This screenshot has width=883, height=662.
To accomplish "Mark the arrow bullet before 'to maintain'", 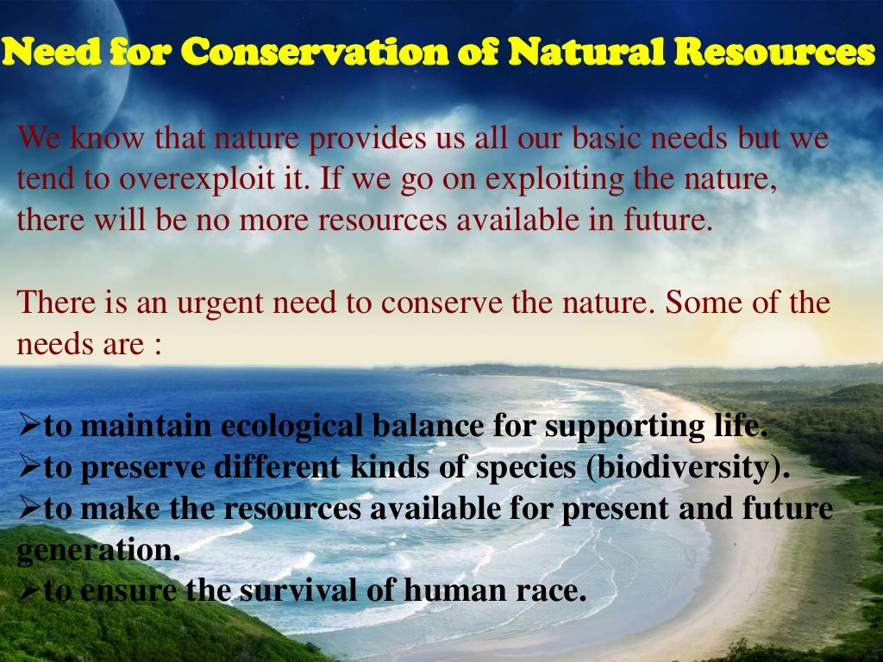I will (x=29, y=427).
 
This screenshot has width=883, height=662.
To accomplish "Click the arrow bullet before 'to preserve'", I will (x=29, y=468).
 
